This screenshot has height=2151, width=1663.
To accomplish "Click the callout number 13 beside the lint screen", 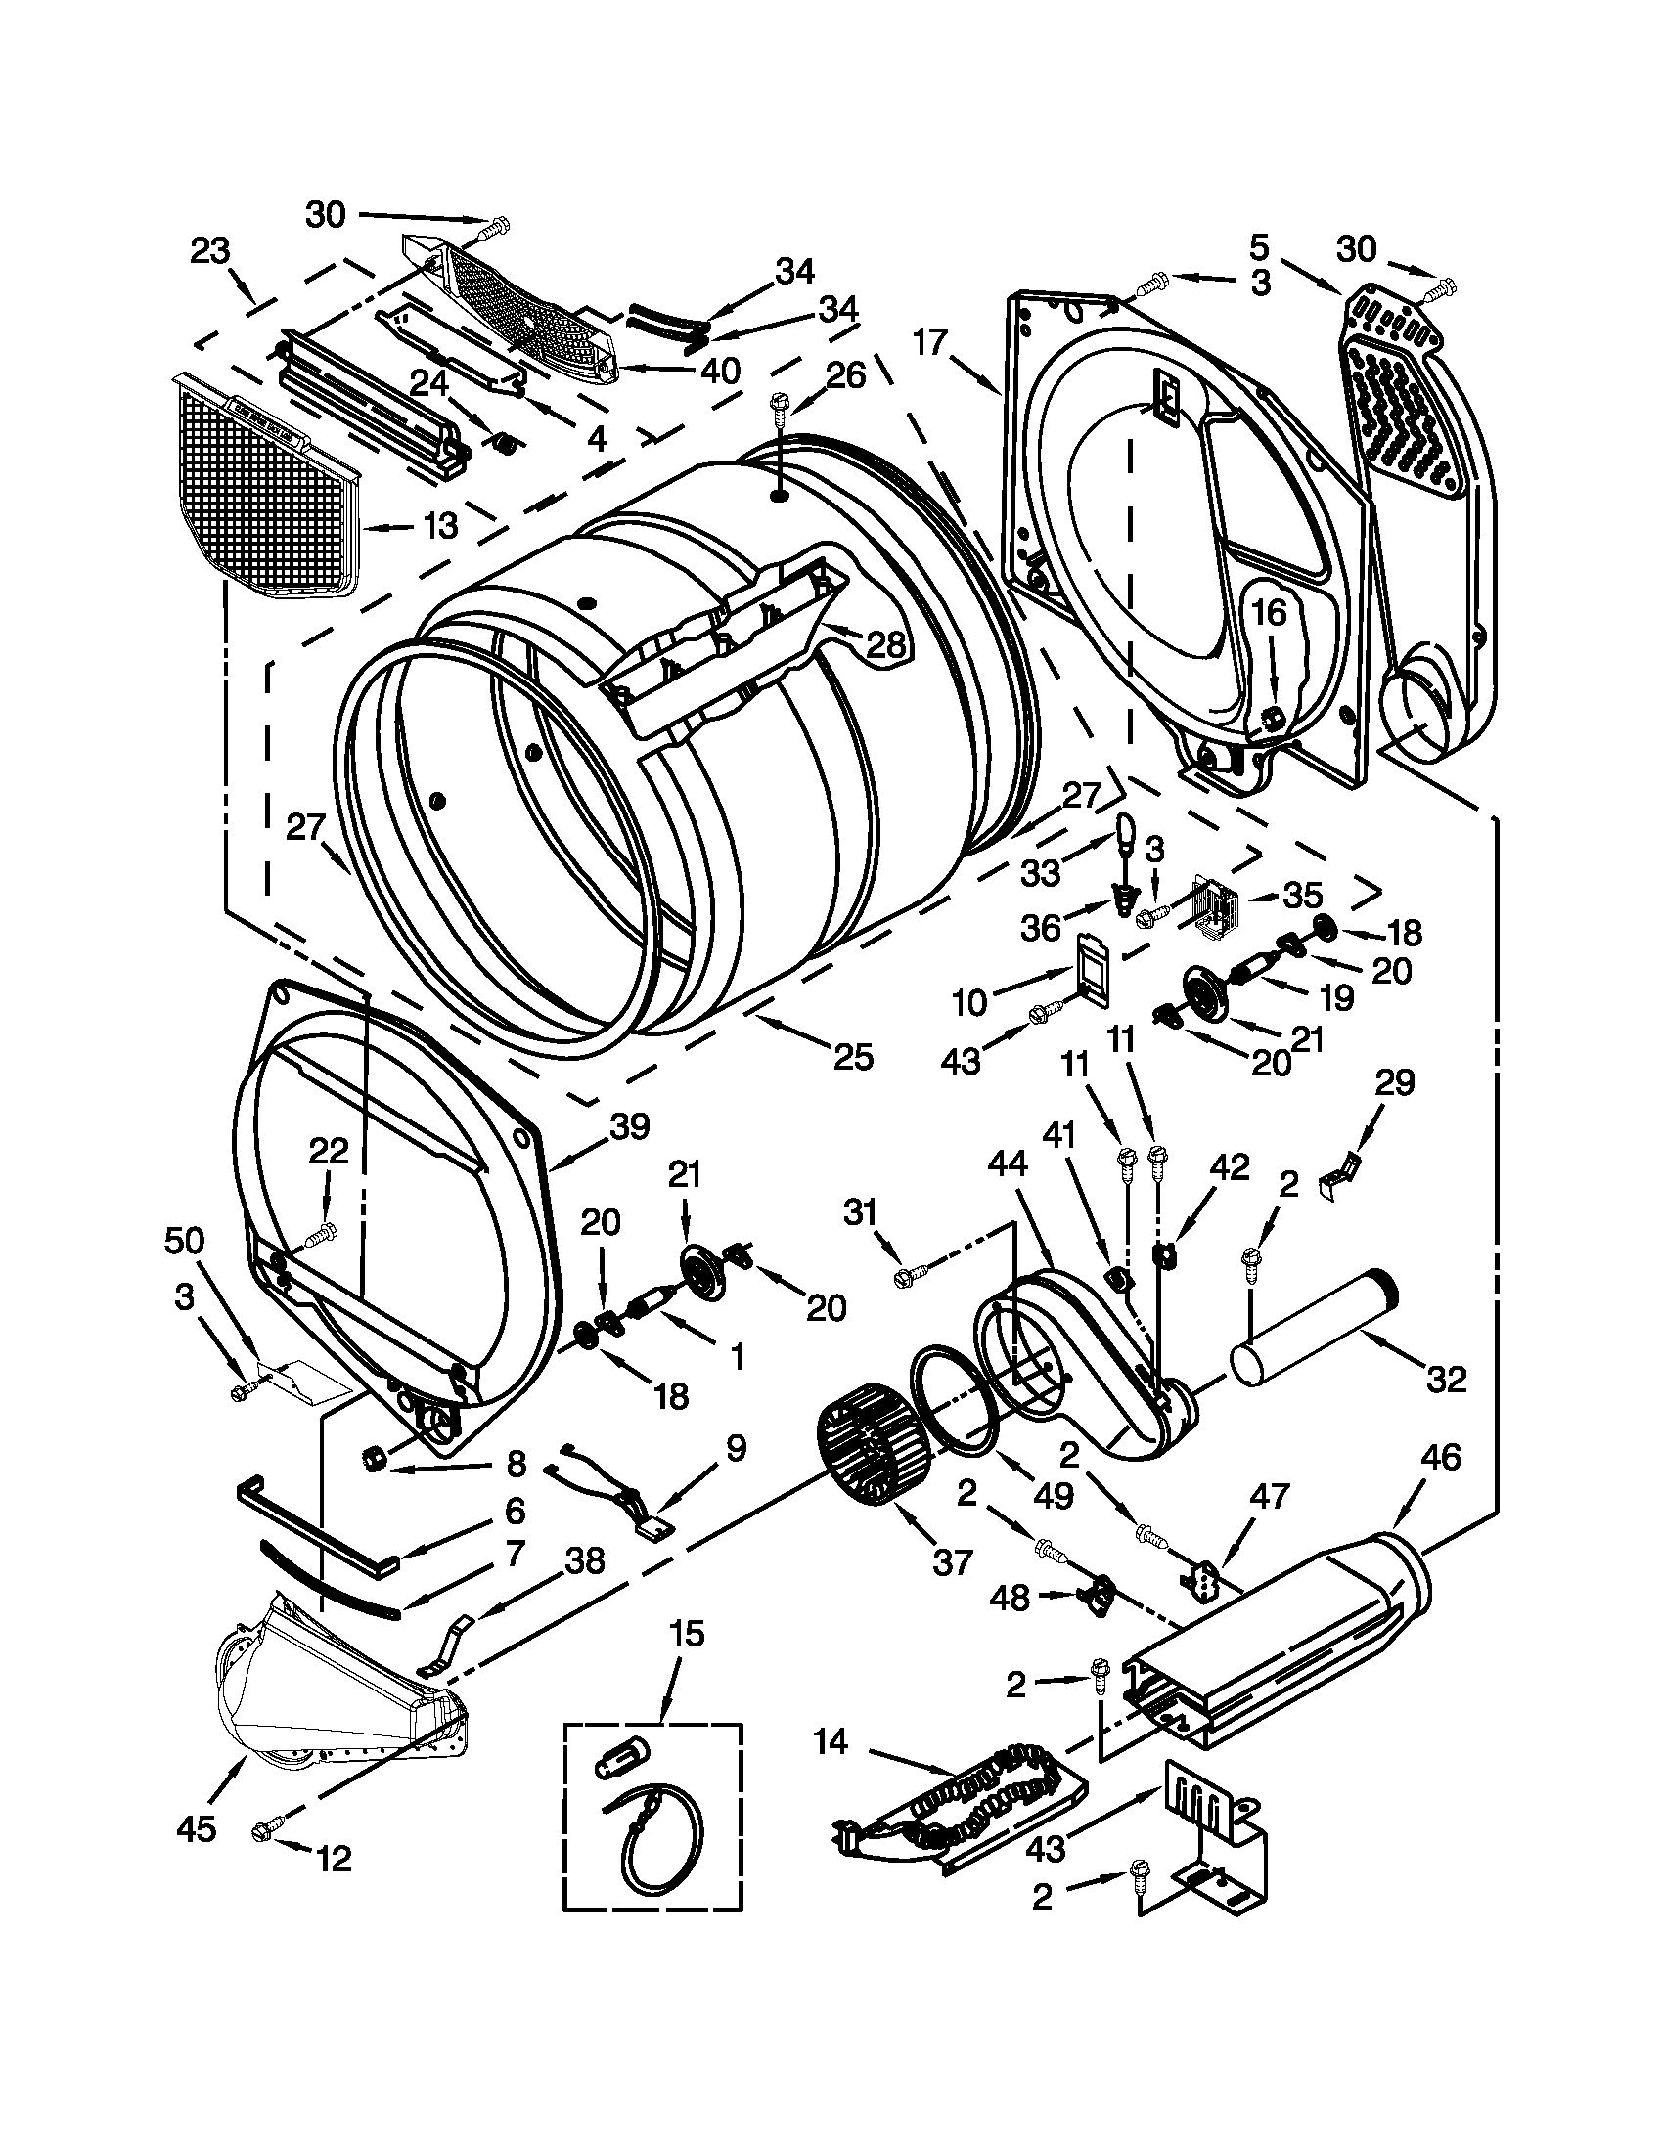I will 441,527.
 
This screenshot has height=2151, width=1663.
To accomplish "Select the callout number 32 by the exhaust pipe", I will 1445,1379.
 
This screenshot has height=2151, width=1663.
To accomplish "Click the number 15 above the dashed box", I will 686,1635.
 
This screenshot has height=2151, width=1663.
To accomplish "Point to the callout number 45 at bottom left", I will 195,1830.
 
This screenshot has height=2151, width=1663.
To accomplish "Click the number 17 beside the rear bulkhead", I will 929,344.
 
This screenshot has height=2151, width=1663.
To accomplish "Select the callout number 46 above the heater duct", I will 1440,1458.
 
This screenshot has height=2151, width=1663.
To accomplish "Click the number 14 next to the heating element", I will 830,1742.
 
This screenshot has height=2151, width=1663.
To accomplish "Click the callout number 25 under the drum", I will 853,1057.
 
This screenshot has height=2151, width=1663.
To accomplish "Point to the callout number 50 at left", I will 185,1244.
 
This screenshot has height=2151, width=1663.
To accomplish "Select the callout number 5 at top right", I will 1261,246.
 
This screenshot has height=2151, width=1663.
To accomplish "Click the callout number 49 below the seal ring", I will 1053,1495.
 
